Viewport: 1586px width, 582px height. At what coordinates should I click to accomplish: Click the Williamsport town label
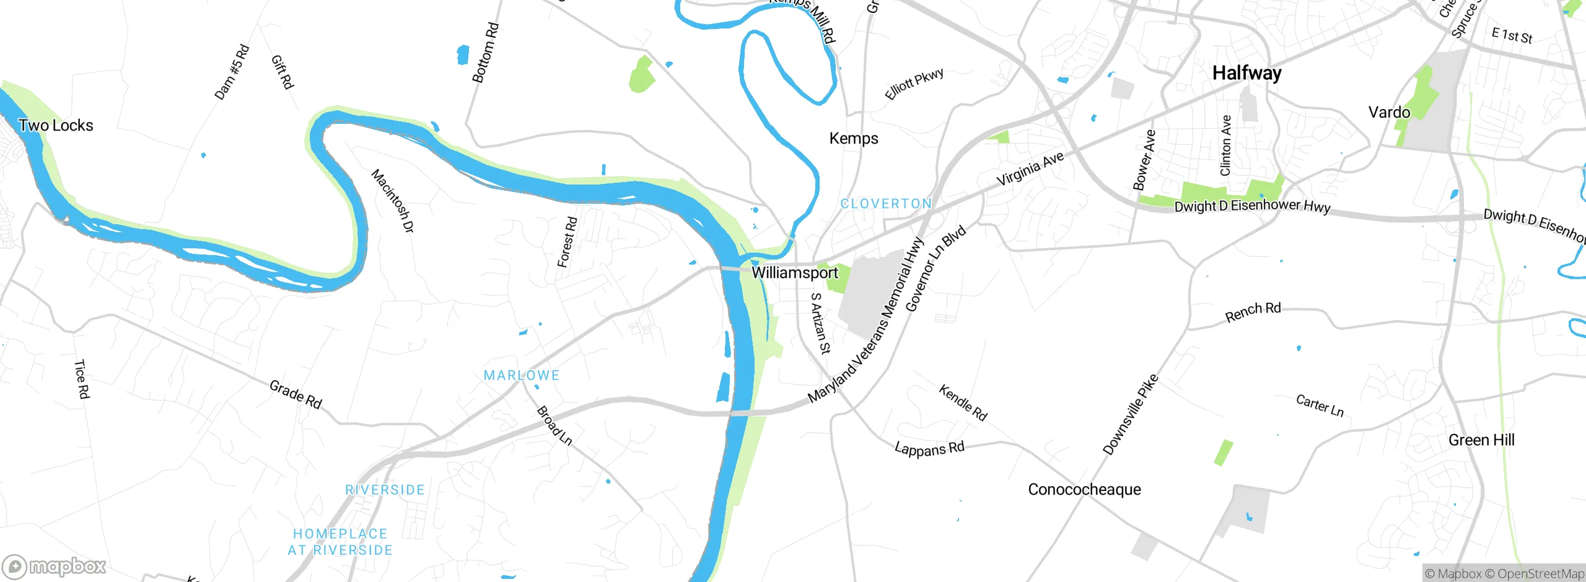click(794, 272)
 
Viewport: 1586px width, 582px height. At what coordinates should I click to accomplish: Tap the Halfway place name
click(1246, 73)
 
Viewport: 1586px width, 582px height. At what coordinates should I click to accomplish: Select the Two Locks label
click(56, 125)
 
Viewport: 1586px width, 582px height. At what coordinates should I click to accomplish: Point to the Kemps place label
click(854, 138)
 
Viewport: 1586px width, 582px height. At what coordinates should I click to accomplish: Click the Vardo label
click(1389, 112)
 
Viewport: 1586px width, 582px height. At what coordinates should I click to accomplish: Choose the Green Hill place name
click(1481, 440)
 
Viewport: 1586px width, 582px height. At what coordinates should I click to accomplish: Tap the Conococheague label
click(1084, 489)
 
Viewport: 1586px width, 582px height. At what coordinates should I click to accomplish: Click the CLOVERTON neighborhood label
click(886, 204)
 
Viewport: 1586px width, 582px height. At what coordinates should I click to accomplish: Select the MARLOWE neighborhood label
click(521, 375)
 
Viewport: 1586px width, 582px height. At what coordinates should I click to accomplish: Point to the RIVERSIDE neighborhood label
click(385, 490)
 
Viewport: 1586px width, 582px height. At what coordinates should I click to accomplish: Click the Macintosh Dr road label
click(392, 201)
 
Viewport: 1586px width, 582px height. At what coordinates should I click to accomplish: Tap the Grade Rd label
click(296, 394)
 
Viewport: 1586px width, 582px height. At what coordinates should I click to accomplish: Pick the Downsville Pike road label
click(1130, 414)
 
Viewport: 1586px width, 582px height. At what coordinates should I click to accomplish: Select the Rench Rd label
click(1253, 312)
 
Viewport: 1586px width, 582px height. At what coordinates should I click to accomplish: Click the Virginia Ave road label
click(1030, 168)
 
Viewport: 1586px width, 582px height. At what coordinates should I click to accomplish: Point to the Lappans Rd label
click(929, 448)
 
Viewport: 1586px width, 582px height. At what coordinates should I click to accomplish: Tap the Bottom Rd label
click(485, 53)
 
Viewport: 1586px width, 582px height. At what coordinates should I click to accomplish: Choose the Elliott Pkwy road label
click(914, 84)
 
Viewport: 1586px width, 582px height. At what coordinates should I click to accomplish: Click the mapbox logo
click(55, 566)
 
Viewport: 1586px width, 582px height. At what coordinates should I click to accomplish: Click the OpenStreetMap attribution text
click(1540, 574)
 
